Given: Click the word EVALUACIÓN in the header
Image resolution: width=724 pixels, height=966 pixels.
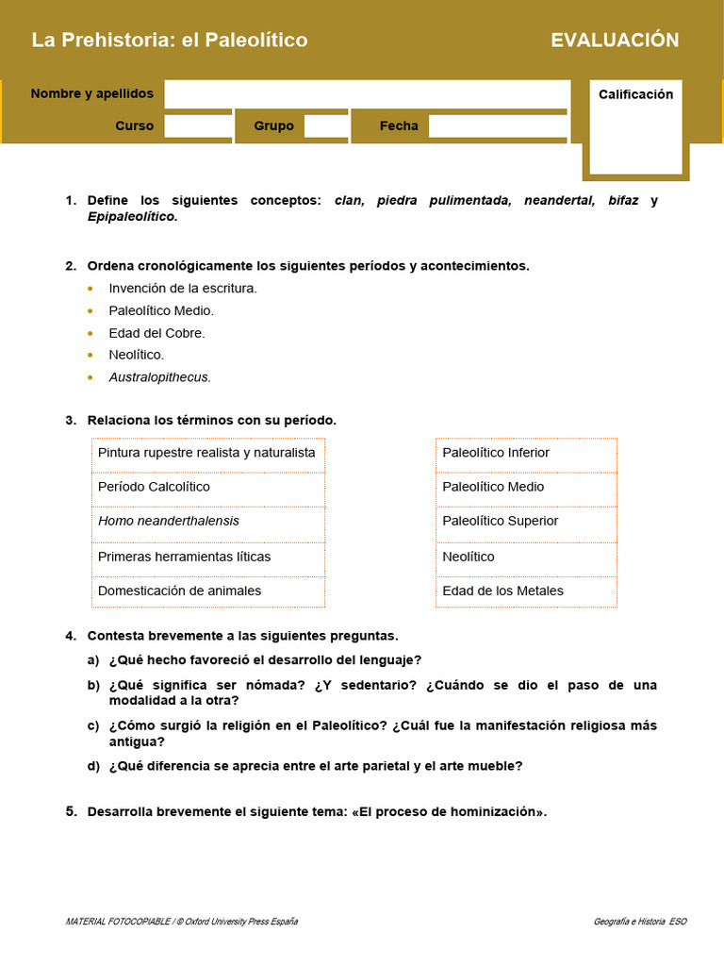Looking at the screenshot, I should point(615,40).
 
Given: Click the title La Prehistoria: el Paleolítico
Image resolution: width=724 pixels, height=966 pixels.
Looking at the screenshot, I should point(170,40).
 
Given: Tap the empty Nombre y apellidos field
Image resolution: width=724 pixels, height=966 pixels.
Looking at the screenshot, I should point(367,93).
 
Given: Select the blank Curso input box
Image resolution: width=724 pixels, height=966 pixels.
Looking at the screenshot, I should point(198,125).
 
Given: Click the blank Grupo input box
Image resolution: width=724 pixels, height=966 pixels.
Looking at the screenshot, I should point(326,125).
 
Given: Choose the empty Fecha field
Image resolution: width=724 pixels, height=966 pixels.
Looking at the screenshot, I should point(498,125).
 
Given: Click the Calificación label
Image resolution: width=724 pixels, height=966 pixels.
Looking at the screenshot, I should point(635,94).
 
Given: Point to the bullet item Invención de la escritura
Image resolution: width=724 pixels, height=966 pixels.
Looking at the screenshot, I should point(183,288).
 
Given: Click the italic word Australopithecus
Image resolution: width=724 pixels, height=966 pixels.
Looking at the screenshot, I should point(159,376).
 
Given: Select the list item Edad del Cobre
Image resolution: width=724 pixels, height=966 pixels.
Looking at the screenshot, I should point(156,333).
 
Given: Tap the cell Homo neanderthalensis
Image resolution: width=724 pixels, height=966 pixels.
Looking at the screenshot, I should point(169,521).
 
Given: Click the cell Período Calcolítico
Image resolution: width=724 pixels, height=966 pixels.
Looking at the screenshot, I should point(154,487).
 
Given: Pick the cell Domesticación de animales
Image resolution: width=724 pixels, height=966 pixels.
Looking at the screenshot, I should point(179,591).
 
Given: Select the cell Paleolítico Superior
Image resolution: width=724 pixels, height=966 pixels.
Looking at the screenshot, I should point(500,521).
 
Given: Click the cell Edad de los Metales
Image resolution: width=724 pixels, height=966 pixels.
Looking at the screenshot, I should point(502,591).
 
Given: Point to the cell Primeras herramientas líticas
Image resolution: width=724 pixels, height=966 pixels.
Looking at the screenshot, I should point(184,557).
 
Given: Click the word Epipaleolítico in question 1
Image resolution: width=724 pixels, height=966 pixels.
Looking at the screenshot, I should point(131,216).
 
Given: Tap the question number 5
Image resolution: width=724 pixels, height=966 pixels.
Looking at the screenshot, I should point(71,811).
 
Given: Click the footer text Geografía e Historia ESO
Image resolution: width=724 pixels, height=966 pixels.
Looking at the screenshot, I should point(640,921).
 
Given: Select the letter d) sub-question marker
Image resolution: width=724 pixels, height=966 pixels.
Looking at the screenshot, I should point(93,766).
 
